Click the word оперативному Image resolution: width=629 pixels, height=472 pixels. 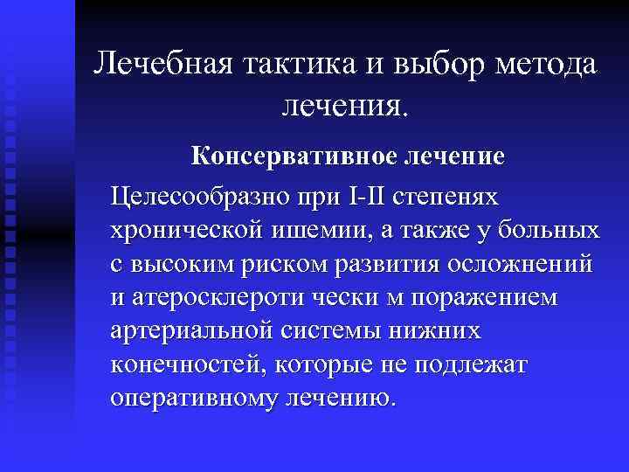click(x=198, y=399)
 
